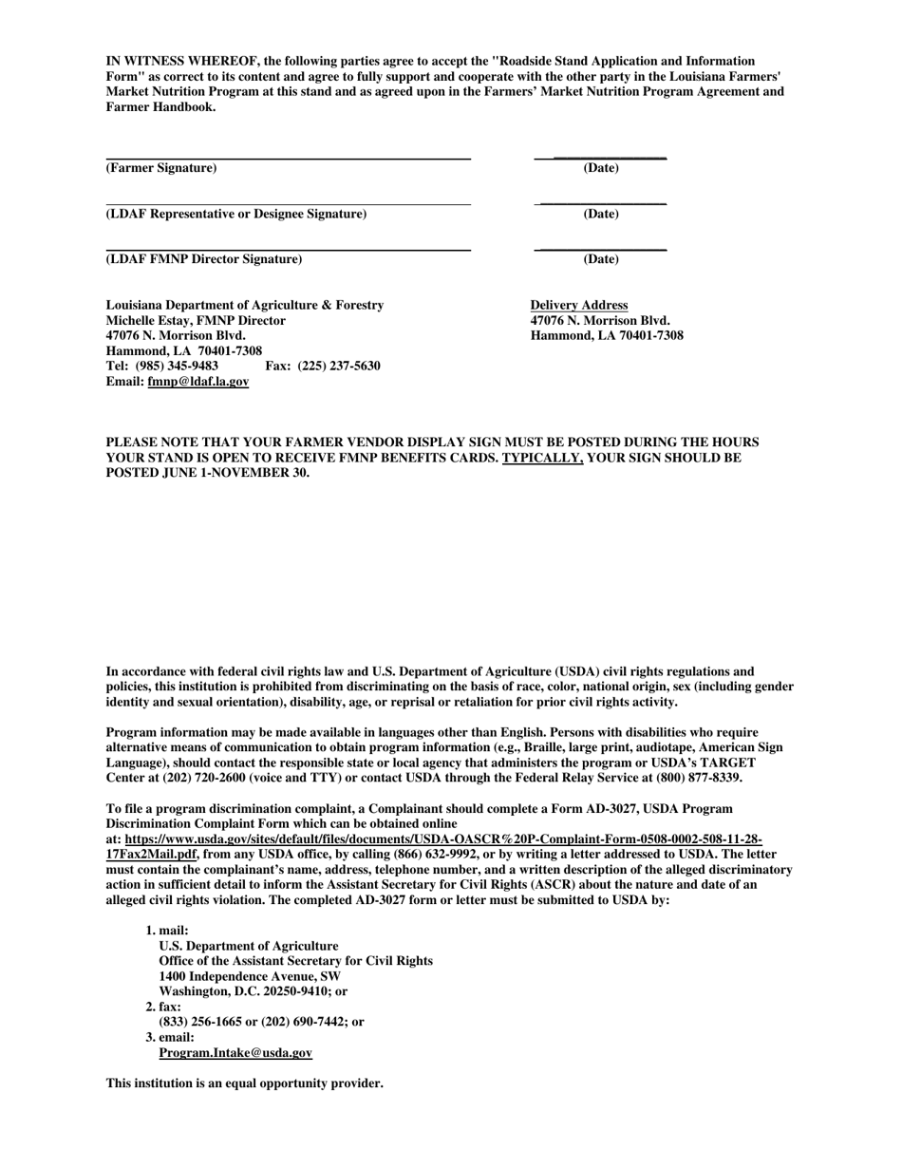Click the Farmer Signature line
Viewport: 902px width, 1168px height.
click(x=288, y=158)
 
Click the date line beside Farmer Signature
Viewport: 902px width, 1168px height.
click(x=600, y=157)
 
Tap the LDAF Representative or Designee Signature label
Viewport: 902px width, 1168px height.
click(x=235, y=214)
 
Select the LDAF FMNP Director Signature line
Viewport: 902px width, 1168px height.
click(x=288, y=250)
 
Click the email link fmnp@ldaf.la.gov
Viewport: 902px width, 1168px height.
click(x=197, y=381)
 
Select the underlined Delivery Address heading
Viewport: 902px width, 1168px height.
click(x=579, y=305)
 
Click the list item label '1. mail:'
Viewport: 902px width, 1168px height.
click(x=167, y=931)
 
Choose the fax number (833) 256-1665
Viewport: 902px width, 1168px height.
click(x=203, y=1022)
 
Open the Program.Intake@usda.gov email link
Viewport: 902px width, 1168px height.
click(x=235, y=1052)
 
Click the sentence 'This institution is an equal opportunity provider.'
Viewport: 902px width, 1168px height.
click(x=244, y=1083)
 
